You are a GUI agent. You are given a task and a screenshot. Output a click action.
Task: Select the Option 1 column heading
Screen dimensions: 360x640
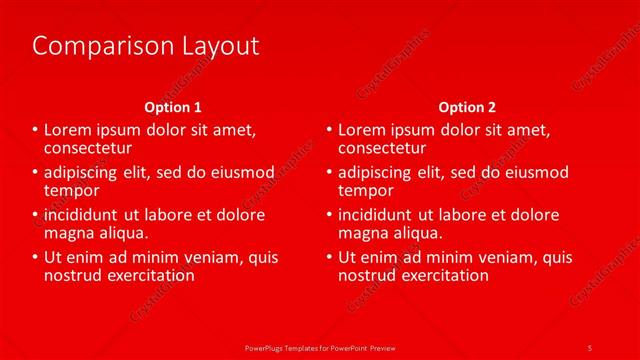tap(173, 107)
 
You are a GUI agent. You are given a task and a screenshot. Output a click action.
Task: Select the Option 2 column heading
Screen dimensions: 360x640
tap(466, 107)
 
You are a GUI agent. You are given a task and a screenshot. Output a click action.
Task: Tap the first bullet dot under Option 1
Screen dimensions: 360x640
tap(37, 130)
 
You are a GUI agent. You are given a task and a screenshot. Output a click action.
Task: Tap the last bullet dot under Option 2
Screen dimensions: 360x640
tap(330, 257)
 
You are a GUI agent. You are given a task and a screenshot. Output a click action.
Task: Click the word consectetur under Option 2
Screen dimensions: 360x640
tap(382, 148)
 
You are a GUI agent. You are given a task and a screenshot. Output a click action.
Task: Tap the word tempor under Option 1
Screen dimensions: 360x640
tap(71, 190)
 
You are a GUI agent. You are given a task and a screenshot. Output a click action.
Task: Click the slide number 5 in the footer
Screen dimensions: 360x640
tap(589, 347)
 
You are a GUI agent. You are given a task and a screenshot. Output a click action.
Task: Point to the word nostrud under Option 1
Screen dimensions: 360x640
tap(73, 275)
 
